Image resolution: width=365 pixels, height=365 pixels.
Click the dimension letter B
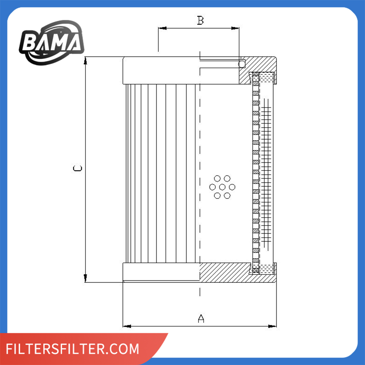tap(200, 20)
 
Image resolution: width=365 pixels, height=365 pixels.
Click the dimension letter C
tap(77, 168)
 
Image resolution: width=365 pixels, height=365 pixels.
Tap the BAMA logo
tap(52, 42)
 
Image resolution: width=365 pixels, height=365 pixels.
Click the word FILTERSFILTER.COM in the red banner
tap(72, 349)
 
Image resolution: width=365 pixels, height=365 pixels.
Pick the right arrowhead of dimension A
tap(272, 326)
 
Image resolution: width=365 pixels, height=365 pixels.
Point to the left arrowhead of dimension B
tap(162, 28)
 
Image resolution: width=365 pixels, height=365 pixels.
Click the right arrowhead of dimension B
tap(235, 28)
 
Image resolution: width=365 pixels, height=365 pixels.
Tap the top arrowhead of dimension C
tap(85, 61)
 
